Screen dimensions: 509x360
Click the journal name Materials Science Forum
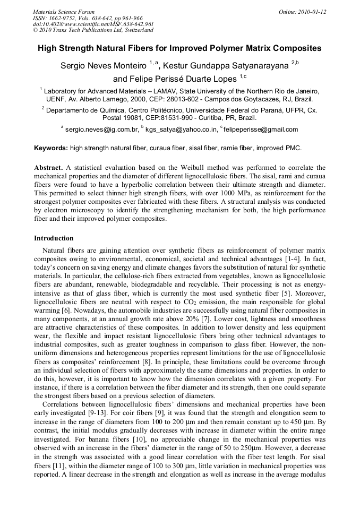tap(64, 12)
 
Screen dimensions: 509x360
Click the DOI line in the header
tap(93, 24)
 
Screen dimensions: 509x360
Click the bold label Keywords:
tap(51, 148)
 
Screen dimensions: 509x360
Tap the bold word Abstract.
tap(48, 167)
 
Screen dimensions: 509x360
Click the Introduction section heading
tap(54, 238)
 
